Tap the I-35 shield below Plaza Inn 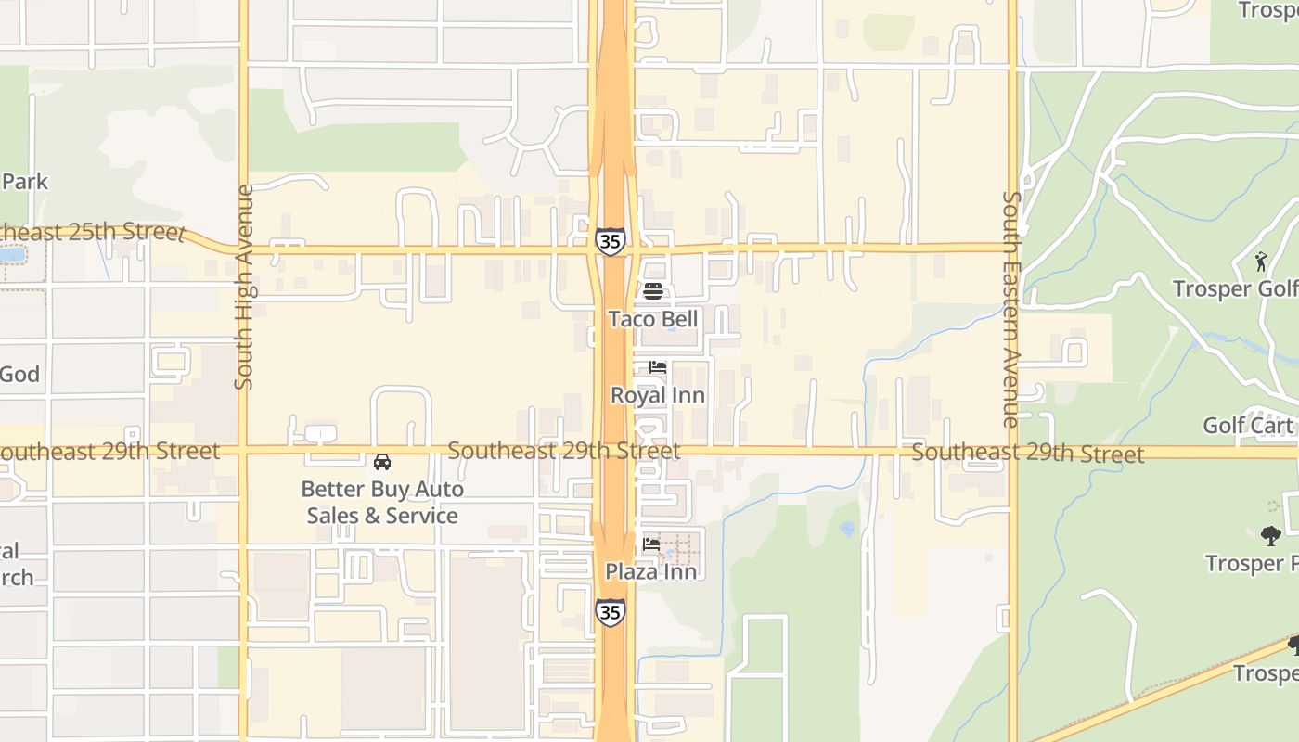point(610,611)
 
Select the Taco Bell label point(653,319)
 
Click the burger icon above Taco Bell point(653,291)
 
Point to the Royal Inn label point(657,395)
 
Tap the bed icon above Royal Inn point(658,367)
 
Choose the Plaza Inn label point(651,571)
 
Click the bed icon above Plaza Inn point(651,544)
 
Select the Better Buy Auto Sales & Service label point(382,502)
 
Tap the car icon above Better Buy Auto point(381,461)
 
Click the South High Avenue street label point(244,287)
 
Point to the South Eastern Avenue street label point(1011,309)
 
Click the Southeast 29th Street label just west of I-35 point(563,451)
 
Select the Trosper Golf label point(1234,288)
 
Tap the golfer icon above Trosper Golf point(1260,262)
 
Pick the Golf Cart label point(1248,426)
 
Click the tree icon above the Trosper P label point(1271,535)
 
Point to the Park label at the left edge point(24,181)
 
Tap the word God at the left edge point(19,374)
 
